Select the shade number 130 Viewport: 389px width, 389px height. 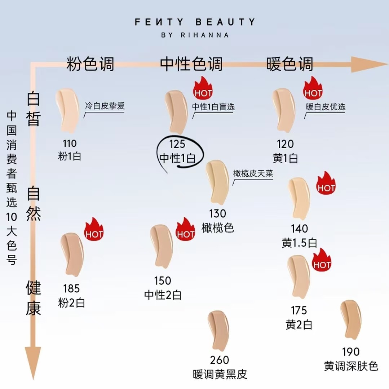[x=218, y=214]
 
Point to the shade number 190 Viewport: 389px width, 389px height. [x=351, y=352]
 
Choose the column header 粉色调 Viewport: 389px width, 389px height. [x=90, y=64]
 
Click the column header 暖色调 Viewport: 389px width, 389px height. [x=290, y=64]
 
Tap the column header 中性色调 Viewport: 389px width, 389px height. [x=191, y=64]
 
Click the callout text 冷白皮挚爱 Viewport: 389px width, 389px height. [x=105, y=106]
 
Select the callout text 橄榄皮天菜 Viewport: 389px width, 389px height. [x=253, y=174]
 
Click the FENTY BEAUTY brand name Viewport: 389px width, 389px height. [x=195, y=22]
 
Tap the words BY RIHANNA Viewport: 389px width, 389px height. [x=195, y=35]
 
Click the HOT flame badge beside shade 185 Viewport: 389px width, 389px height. [x=94, y=231]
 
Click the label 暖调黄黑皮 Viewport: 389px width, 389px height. [x=220, y=375]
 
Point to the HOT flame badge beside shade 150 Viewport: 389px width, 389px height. [x=186, y=231]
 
